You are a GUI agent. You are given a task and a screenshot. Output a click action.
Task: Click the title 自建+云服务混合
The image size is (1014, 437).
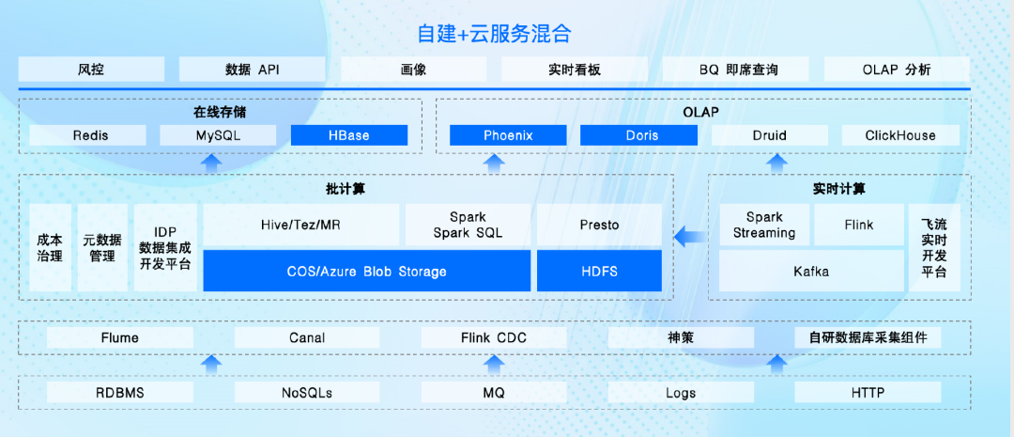(x=494, y=34)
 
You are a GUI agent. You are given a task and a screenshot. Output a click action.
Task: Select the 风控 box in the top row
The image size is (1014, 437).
(x=91, y=70)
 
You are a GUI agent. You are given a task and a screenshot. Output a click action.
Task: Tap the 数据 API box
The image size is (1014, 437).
(x=253, y=70)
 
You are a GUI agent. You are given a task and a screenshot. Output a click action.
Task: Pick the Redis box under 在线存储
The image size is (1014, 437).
(x=90, y=135)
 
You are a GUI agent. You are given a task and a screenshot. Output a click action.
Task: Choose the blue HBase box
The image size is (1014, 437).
(x=348, y=135)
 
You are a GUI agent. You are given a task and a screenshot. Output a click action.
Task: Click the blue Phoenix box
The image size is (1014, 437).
(x=508, y=135)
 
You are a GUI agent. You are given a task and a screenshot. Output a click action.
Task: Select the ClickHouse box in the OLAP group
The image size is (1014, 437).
(x=900, y=135)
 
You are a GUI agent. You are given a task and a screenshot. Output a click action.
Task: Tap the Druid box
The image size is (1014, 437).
(x=769, y=135)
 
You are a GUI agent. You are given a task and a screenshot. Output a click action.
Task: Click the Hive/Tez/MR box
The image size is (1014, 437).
(x=300, y=225)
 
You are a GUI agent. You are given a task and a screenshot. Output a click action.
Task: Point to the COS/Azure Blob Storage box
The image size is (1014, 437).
(x=366, y=271)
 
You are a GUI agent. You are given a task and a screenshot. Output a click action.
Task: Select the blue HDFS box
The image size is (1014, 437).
(x=599, y=271)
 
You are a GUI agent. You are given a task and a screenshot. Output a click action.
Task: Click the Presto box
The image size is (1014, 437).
(x=599, y=225)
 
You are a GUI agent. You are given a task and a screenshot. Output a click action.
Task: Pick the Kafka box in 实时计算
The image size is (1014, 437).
(x=811, y=271)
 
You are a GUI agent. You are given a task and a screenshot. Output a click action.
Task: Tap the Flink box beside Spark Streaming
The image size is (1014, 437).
(x=858, y=225)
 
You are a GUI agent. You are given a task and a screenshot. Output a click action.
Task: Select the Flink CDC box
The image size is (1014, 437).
(x=494, y=337)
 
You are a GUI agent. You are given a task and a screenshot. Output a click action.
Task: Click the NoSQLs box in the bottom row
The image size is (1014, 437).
(x=306, y=392)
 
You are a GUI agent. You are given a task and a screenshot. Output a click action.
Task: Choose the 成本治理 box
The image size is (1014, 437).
(x=50, y=248)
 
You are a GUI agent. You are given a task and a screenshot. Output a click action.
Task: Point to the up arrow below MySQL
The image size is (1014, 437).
(x=212, y=164)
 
